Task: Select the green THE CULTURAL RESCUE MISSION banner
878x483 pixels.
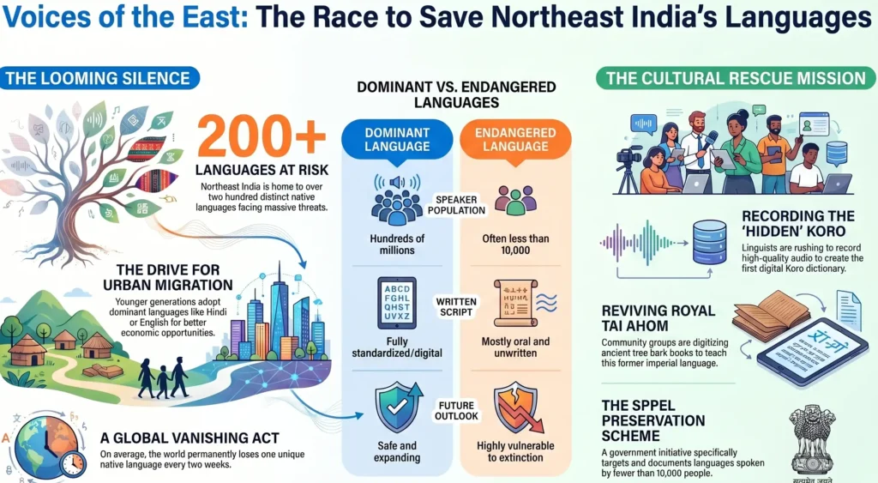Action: click(735, 79)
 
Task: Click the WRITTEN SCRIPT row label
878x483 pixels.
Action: click(454, 307)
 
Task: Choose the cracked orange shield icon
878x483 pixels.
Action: click(515, 409)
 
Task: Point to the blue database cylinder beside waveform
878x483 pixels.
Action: click(708, 241)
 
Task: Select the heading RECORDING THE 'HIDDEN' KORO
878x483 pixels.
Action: click(797, 223)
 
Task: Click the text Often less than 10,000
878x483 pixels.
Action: click(514, 244)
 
